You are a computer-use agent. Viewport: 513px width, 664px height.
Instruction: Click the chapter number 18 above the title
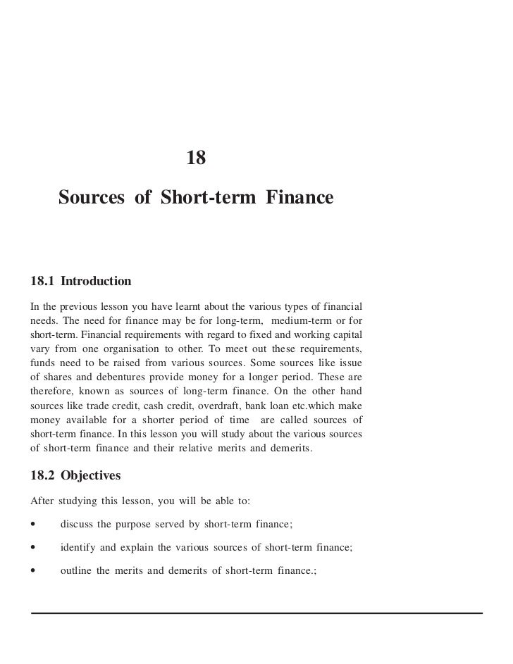[196, 158]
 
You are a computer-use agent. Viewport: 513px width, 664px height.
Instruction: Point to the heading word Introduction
[96, 282]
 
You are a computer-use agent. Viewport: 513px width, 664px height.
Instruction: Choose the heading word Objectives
[91, 476]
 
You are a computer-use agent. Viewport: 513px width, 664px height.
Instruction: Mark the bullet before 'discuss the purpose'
[33, 525]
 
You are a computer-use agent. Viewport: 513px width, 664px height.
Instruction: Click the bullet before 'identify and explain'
[33, 547]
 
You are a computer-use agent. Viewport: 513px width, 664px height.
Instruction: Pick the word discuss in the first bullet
[77, 525]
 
